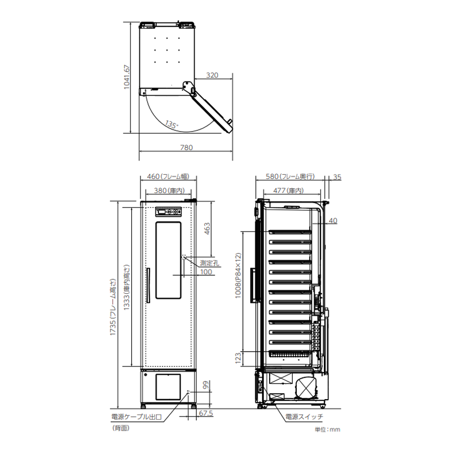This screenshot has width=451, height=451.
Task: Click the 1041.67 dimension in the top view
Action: tap(127, 77)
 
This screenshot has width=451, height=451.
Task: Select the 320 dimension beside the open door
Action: tap(212, 75)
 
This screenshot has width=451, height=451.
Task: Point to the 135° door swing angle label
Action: tap(171, 124)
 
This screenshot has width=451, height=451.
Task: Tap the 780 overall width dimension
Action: tap(187, 148)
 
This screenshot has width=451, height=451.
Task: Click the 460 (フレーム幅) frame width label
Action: tap(168, 176)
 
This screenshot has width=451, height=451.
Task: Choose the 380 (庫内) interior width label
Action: tap(169, 191)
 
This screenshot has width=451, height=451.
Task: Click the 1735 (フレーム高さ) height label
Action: tap(113, 307)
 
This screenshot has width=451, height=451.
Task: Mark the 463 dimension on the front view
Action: tap(207, 229)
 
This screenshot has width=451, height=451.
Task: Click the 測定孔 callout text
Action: tap(210, 263)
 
